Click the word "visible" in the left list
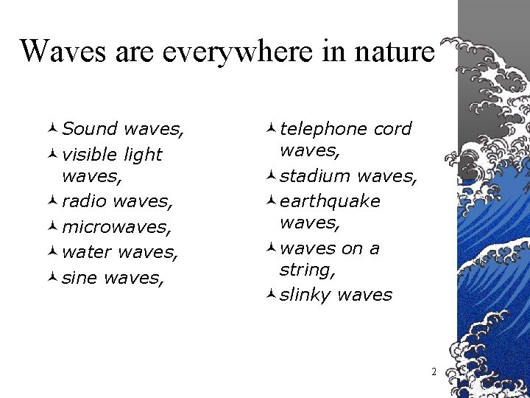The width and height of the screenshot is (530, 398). pos(91,155)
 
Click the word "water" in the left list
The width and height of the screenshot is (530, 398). pos(88,253)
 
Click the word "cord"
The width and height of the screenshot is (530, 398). pos(392,129)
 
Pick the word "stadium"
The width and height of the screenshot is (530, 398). pos(314,176)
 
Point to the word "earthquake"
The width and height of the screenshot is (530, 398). pos(330,201)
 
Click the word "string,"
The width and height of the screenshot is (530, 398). pos(308,271)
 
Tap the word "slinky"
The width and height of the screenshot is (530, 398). pos(306,295)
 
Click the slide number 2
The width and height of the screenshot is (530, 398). pos(434,372)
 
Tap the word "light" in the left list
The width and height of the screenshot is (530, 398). pos(143,155)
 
